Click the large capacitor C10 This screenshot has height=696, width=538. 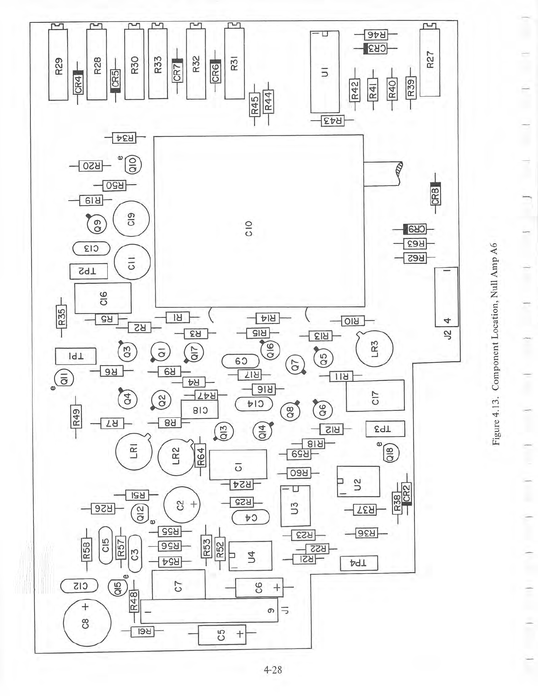(259, 221)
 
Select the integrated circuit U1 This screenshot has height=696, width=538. (325, 72)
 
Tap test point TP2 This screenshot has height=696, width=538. (89, 271)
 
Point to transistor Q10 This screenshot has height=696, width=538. (133, 165)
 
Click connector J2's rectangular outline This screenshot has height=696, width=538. (447, 297)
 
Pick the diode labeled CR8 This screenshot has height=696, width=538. (435, 194)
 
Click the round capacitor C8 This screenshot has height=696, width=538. (87, 623)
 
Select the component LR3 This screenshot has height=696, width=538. (374, 349)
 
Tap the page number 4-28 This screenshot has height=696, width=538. (273, 670)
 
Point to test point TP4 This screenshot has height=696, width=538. (359, 563)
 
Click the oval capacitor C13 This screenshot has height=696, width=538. (91, 249)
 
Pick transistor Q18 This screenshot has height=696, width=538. (390, 453)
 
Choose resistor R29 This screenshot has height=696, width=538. (58, 65)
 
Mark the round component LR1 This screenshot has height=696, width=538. (134, 451)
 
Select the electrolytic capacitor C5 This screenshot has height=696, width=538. (222, 635)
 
